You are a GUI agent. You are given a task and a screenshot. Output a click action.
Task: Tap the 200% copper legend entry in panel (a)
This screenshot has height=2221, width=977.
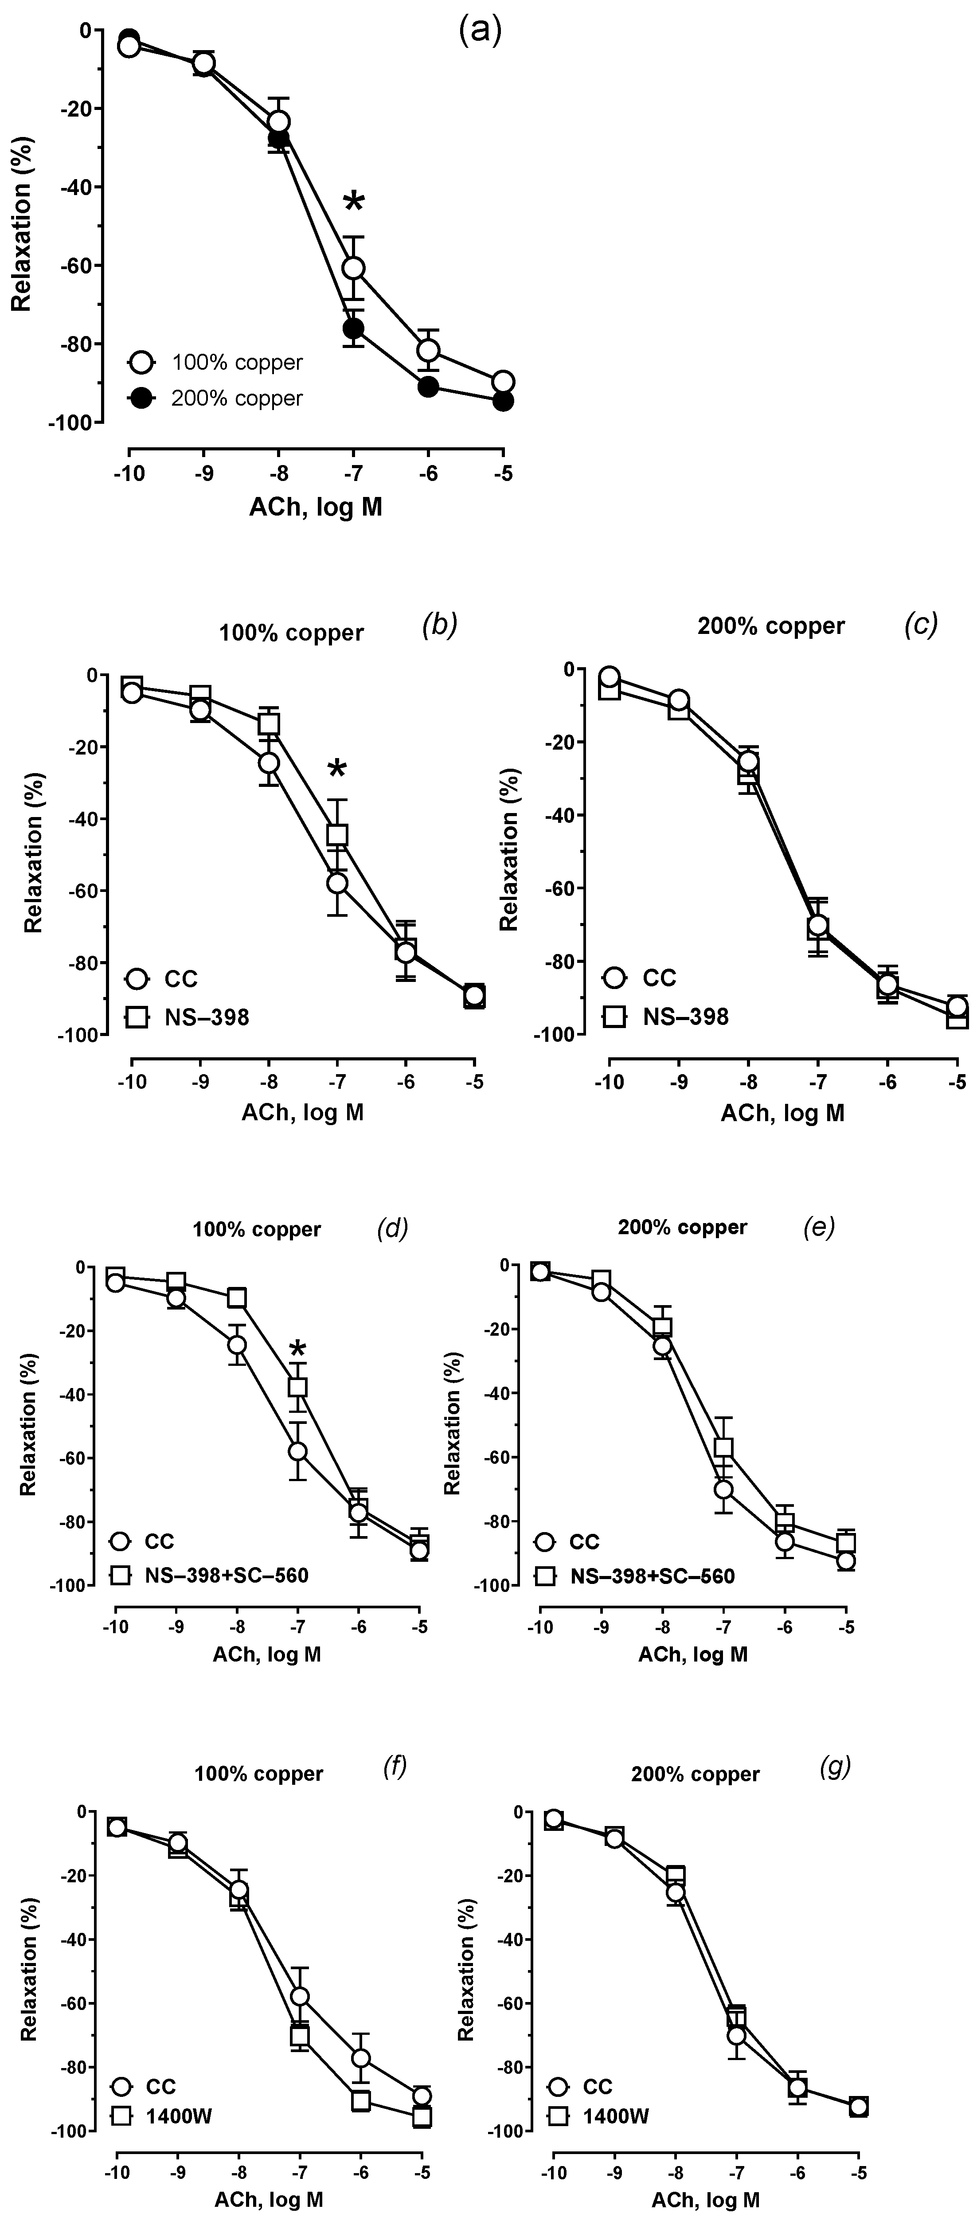(215, 399)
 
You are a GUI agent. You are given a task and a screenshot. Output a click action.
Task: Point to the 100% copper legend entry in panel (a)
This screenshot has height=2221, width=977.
(215, 362)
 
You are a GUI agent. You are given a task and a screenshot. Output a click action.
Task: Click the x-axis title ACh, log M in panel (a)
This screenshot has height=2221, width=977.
(316, 507)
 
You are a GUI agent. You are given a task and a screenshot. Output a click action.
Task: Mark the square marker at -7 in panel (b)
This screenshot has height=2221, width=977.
(337, 835)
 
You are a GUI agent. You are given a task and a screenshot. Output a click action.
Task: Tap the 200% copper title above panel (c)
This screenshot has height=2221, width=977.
(771, 626)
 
